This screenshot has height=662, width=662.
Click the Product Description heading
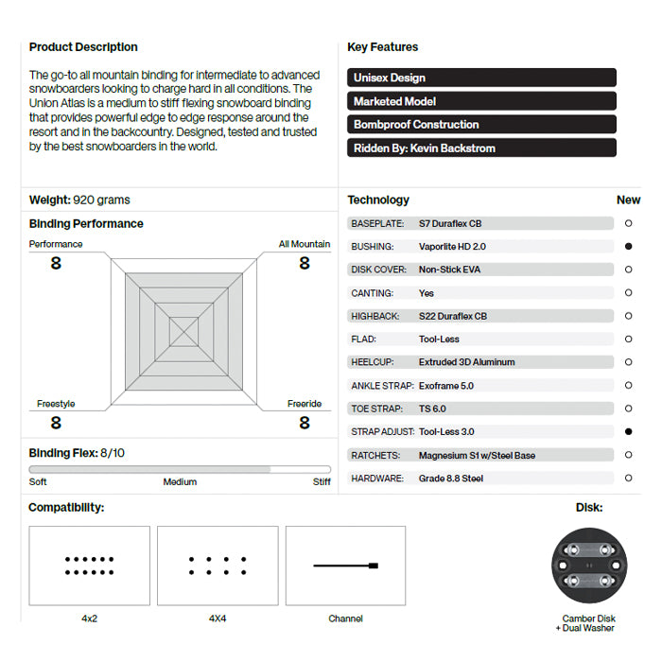tap(83, 47)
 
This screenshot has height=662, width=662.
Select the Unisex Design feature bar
tap(481, 78)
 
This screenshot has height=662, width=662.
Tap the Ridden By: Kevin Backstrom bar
tap(481, 148)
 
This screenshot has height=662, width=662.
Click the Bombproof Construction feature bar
tap(481, 124)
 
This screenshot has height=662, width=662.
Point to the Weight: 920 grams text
tap(79, 200)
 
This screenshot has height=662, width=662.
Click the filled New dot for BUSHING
tap(628, 246)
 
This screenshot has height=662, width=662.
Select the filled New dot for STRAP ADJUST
tap(628, 431)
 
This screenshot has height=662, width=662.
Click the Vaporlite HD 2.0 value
tap(452, 246)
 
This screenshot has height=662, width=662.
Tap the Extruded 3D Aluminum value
tap(466, 362)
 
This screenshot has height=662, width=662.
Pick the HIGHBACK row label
tap(375, 316)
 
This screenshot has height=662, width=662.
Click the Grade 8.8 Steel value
tap(450, 479)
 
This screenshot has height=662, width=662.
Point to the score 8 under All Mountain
tap(305, 263)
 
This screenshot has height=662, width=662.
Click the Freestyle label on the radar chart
tap(56, 404)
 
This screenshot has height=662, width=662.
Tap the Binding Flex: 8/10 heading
tap(77, 453)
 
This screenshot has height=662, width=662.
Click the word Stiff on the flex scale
tap(322, 481)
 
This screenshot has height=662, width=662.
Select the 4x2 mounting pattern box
tap(90, 566)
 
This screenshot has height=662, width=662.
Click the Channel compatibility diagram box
tap(345, 566)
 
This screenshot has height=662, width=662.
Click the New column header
tap(628, 200)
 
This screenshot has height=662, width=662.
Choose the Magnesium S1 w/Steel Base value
tap(477, 455)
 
